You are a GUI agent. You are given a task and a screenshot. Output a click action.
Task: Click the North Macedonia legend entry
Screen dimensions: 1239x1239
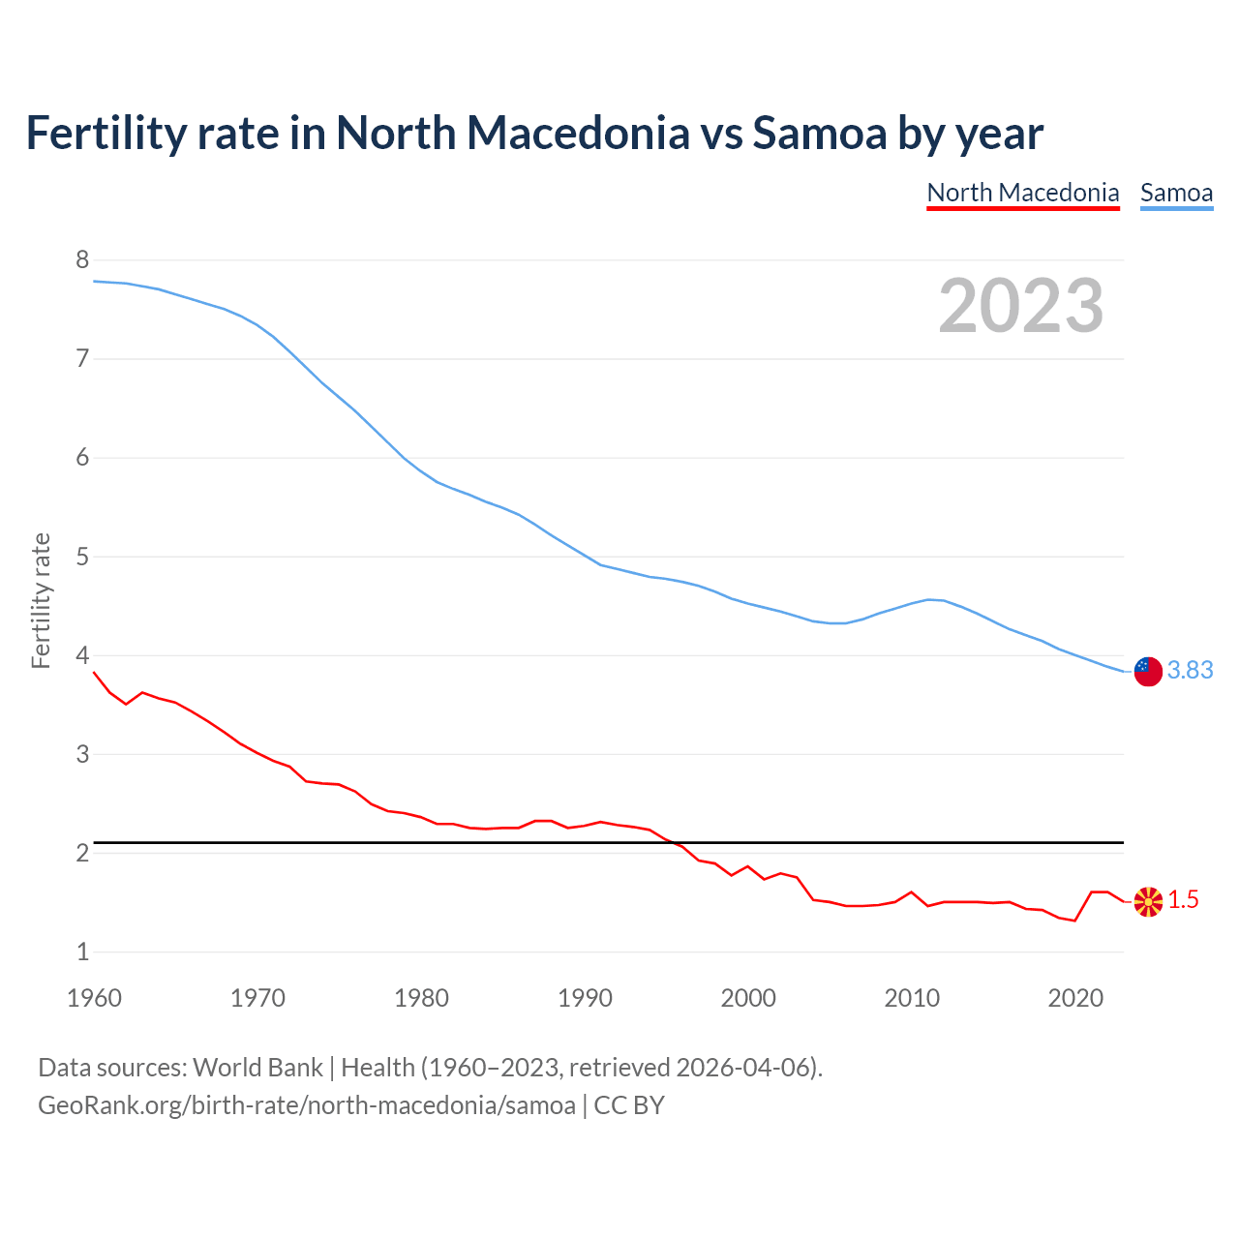(1023, 193)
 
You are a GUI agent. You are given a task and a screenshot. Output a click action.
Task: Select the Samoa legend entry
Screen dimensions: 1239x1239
(1176, 193)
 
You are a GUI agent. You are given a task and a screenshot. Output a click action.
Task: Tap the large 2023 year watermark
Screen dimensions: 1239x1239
(1021, 306)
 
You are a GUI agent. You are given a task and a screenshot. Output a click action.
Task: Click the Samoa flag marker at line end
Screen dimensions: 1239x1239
(1148, 671)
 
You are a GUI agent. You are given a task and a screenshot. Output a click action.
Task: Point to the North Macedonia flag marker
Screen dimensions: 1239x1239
(1148, 901)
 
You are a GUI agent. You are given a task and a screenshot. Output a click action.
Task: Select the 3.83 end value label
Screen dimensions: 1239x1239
(1190, 671)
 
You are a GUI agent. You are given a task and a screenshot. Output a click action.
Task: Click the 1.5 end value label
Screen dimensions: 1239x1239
(1183, 900)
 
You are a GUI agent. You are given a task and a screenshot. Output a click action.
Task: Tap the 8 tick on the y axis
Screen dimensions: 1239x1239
(82, 259)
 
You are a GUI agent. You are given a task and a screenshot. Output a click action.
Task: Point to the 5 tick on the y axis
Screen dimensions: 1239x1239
(82, 557)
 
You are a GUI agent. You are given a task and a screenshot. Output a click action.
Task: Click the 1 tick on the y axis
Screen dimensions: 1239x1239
(82, 952)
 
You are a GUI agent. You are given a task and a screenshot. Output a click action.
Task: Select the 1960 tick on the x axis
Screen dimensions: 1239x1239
(94, 998)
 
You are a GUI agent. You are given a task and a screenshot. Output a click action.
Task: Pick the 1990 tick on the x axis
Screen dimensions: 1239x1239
(585, 998)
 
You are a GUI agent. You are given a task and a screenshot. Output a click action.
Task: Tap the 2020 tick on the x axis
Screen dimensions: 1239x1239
(1075, 998)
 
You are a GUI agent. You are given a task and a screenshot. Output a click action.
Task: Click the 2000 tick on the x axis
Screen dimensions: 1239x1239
(748, 998)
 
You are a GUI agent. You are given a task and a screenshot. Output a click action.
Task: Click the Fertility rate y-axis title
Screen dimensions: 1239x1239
(41, 600)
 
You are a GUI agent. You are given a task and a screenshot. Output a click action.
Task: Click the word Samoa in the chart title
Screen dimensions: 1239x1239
(819, 133)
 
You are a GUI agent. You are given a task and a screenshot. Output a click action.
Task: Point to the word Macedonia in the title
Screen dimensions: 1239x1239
(578, 133)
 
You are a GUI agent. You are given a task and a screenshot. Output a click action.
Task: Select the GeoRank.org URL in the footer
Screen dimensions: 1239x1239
(306, 1105)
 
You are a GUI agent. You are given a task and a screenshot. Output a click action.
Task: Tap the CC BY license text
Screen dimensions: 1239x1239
(629, 1105)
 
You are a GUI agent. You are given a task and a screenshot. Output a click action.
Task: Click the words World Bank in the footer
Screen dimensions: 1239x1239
(257, 1068)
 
